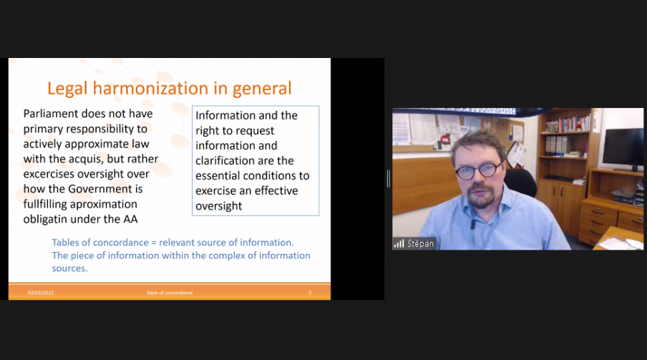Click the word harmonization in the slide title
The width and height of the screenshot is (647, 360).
pyautogui.click(x=150, y=88)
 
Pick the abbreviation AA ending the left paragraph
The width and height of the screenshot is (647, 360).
pyautogui.click(x=130, y=219)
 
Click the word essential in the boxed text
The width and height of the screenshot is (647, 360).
pyautogui.click(x=218, y=176)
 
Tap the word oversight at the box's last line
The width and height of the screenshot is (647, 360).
pyautogui.click(x=219, y=206)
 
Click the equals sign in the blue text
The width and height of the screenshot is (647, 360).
pyautogui.click(x=154, y=243)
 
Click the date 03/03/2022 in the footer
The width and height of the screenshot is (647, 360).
pyautogui.click(x=41, y=293)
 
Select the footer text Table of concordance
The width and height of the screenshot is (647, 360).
pyautogui.click(x=169, y=293)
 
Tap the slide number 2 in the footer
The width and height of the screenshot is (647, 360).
pyautogui.click(x=310, y=293)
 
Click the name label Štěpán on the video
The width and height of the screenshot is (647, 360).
pyautogui.click(x=420, y=243)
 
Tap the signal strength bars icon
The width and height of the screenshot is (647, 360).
pyautogui.click(x=399, y=243)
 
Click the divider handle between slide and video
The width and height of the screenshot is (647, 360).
pyautogui.click(x=389, y=178)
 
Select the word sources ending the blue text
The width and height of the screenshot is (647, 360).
pyautogui.click(x=69, y=268)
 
